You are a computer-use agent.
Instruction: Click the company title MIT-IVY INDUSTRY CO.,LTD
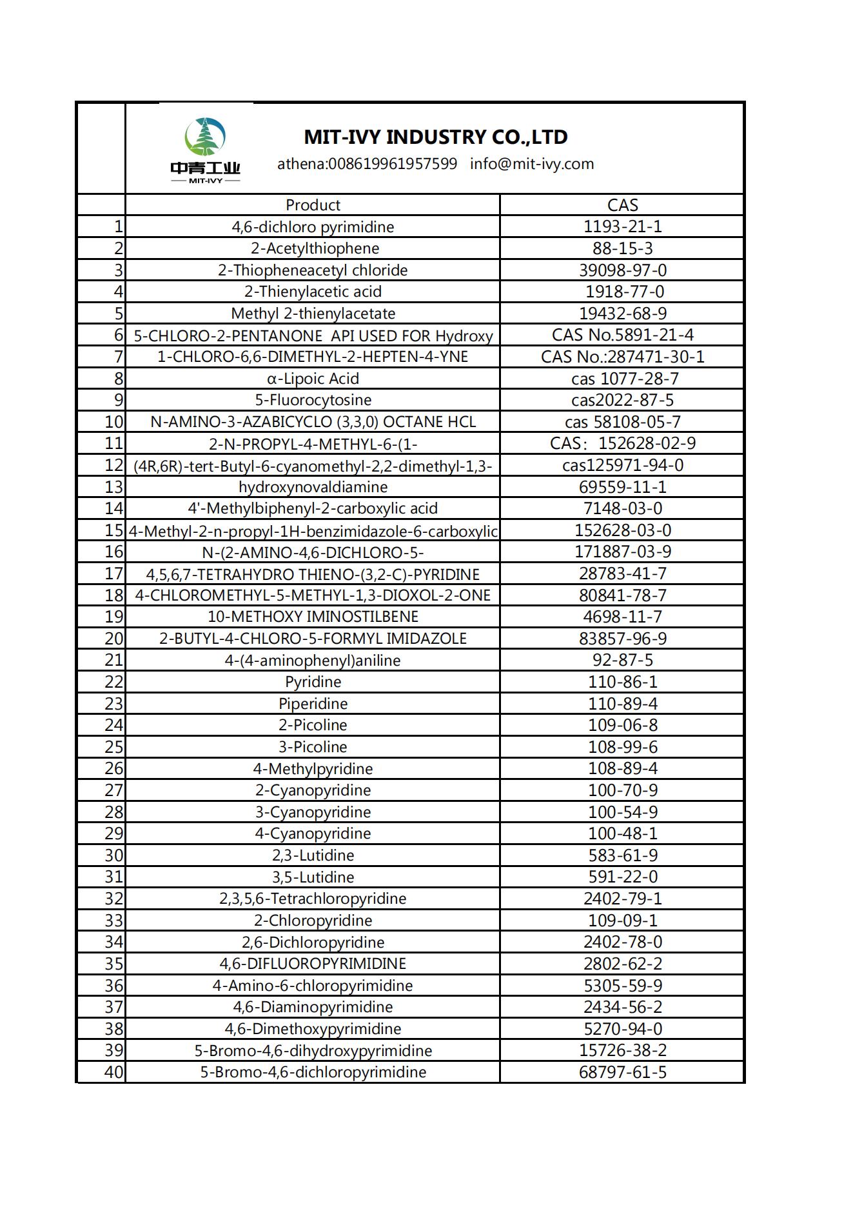click(x=435, y=137)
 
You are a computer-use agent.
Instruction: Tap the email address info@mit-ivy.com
click(x=532, y=164)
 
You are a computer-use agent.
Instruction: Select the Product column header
click(x=313, y=205)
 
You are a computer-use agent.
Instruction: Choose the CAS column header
click(x=622, y=205)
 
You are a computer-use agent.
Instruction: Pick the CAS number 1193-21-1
click(x=622, y=226)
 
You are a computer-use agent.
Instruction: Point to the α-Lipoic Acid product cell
click(x=313, y=379)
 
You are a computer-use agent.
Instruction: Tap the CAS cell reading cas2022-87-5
click(x=622, y=400)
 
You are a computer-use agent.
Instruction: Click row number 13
click(x=113, y=487)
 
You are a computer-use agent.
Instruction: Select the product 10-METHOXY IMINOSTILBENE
click(x=313, y=617)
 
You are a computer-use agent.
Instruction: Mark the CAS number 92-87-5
click(x=622, y=660)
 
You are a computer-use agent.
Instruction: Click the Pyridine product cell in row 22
click(x=313, y=682)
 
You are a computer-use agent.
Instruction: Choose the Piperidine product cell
click(x=313, y=704)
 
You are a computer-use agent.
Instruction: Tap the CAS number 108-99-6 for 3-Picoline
click(x=622, y=747)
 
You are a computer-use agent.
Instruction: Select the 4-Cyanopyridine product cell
click(x=313, y=833)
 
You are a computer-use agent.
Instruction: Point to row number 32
click(x=113, y=899)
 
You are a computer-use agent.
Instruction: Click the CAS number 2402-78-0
click(x=622, y=942)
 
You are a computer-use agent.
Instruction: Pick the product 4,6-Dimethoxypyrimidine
click(x=313, y=1029)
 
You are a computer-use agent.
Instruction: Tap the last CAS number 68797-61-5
click(x=622, y=1072)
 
